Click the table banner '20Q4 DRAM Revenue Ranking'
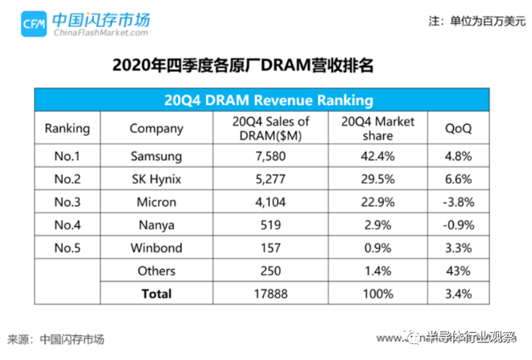click(x=269, y=100)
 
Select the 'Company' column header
click(x=157, y=128)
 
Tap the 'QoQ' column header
click(x=458, y=128)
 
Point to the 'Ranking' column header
click(x=67, y=128)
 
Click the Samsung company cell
click(x=157, y=157)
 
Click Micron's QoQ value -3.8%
click(x=458, y=203)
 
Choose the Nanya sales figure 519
click(x=269, y=225)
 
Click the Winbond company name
click(x=157, y=248)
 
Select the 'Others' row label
click(x=157, y=271)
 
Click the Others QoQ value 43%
click(x=458, y=271)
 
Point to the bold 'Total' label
click(x=157, y=293)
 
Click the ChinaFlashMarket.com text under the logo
click(x=100, y=33)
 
